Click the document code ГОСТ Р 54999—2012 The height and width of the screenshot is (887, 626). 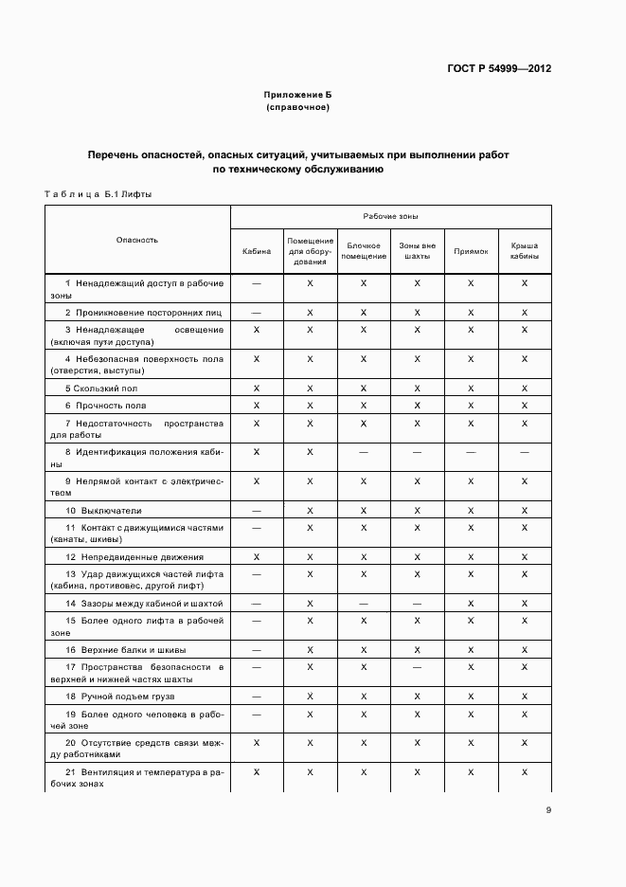tap(498, 69)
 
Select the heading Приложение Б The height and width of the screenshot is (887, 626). tap(297, 96)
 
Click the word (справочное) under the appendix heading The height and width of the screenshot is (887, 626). tap(297, 108)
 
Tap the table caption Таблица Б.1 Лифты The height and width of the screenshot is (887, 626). tap(98, 194)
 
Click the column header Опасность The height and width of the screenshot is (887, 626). tap(137, 240)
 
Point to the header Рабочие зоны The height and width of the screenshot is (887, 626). tap(389, 217)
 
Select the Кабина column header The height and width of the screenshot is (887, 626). tap(257, 251)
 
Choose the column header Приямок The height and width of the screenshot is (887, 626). tap(471, 251)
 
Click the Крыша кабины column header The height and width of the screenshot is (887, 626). tap(525, 251)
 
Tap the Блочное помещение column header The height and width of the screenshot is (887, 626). tap(364, 251)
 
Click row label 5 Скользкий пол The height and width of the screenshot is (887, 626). tap(101, 389)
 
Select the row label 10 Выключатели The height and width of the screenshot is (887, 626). tap(103, 511)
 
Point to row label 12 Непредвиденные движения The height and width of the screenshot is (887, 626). tap(134, 556)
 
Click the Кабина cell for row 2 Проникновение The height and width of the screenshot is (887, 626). tap(257, 312)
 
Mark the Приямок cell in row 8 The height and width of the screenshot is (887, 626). tap(471, 452)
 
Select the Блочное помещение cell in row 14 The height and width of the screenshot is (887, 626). tap(364, 603)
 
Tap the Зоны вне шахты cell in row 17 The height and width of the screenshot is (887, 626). tap(417, 668)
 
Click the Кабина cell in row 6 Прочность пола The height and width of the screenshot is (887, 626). tap(257, 406)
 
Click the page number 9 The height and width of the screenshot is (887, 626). tap(548, 809)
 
